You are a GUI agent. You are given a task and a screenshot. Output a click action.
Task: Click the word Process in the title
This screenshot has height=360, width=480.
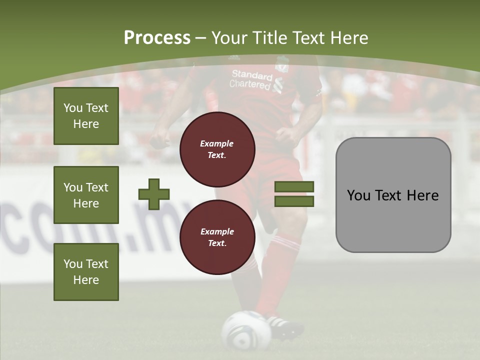coord(157,38)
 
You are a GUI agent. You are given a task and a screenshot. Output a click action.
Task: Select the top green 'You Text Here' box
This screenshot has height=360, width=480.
coord(86,116)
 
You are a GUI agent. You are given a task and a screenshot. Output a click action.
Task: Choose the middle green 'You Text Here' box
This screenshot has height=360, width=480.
coord(86,195)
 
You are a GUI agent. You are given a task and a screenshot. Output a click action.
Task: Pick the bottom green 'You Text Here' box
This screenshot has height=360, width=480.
coord(86,271)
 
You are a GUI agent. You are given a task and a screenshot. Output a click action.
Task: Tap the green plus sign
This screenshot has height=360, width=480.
coord(154,194)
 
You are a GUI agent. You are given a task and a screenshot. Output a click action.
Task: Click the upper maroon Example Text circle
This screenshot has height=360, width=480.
coord(217,149)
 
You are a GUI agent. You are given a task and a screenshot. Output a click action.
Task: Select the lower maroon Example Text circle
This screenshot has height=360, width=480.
coord(217,237)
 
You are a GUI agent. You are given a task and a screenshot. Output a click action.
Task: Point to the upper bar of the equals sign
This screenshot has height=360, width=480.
coord(294,187)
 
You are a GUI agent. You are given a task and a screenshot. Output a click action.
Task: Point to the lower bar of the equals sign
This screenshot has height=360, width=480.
coord(294,201)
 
